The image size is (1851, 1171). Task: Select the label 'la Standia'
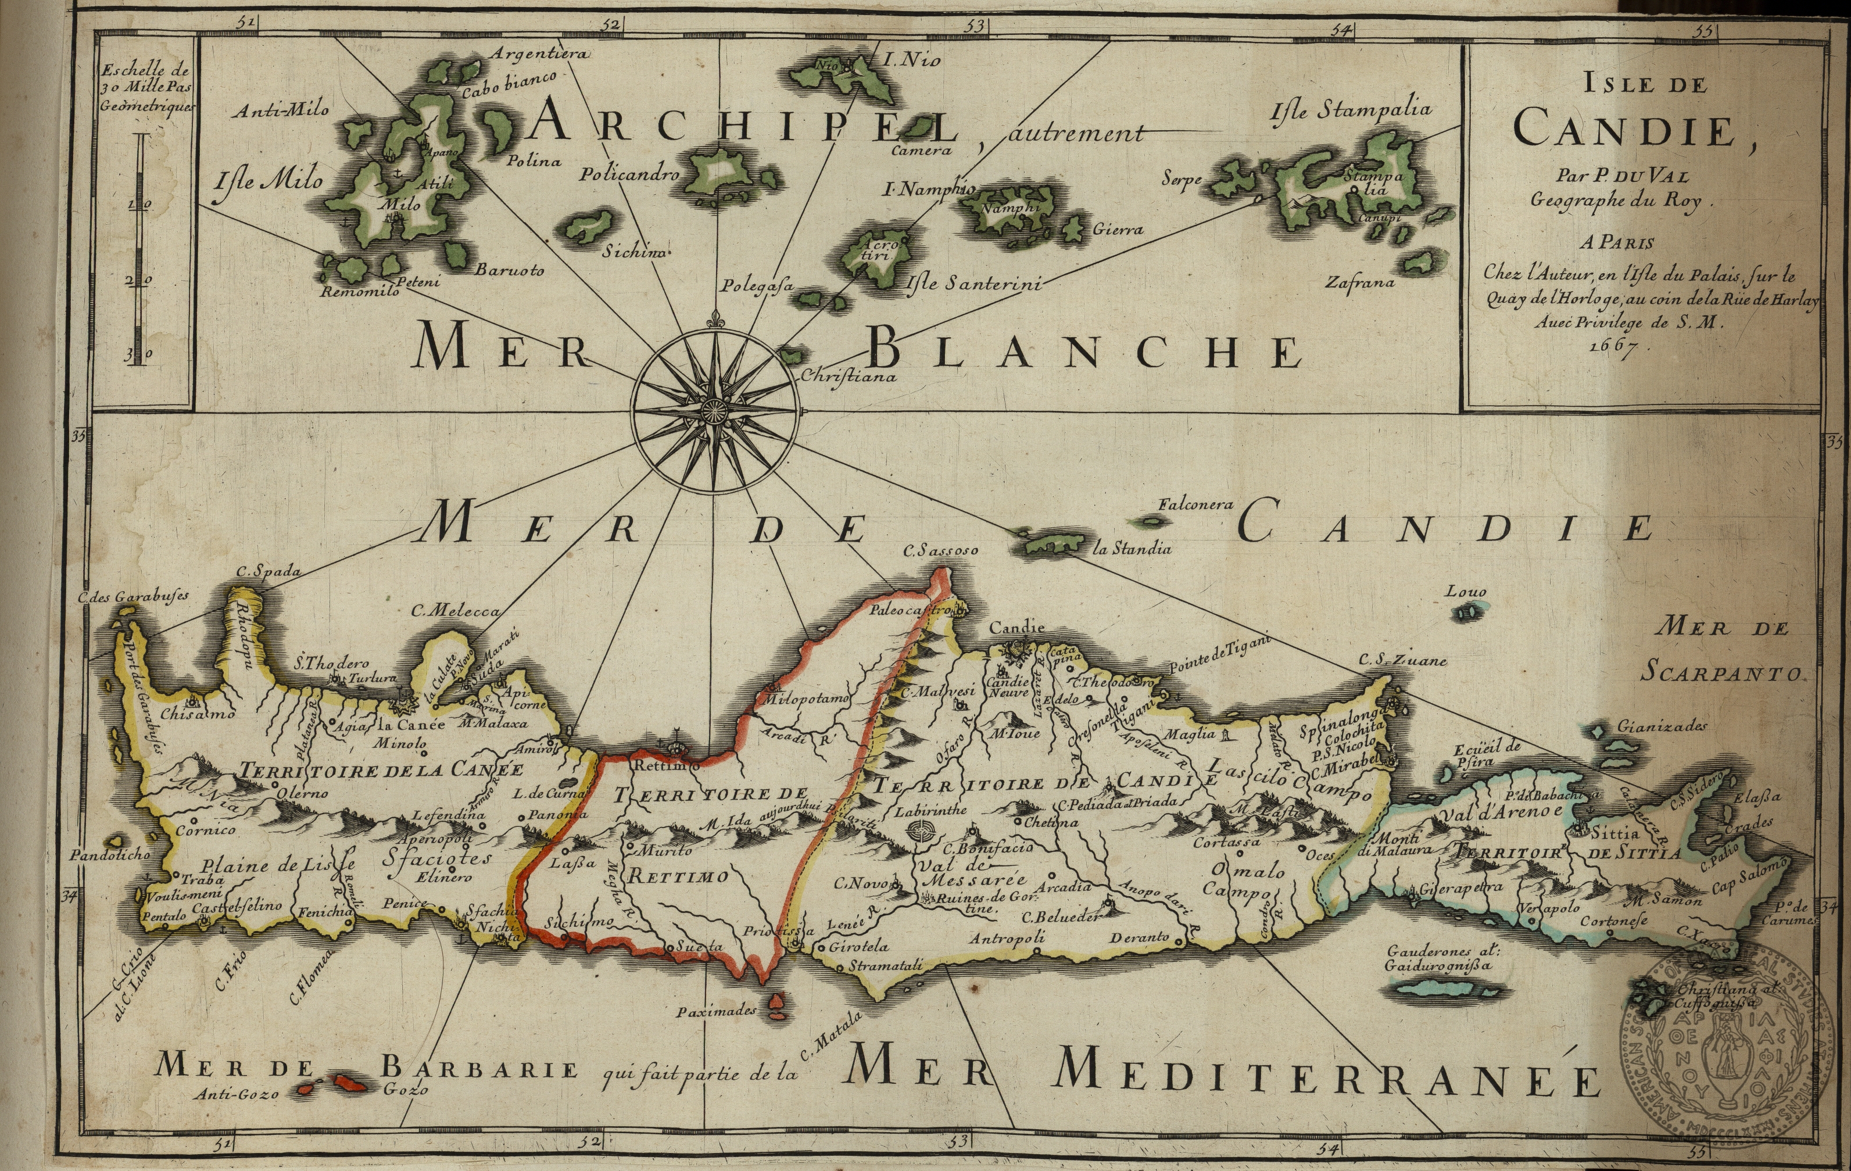[x=1132, y=549]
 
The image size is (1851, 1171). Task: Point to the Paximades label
[x=717, y=1012]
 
